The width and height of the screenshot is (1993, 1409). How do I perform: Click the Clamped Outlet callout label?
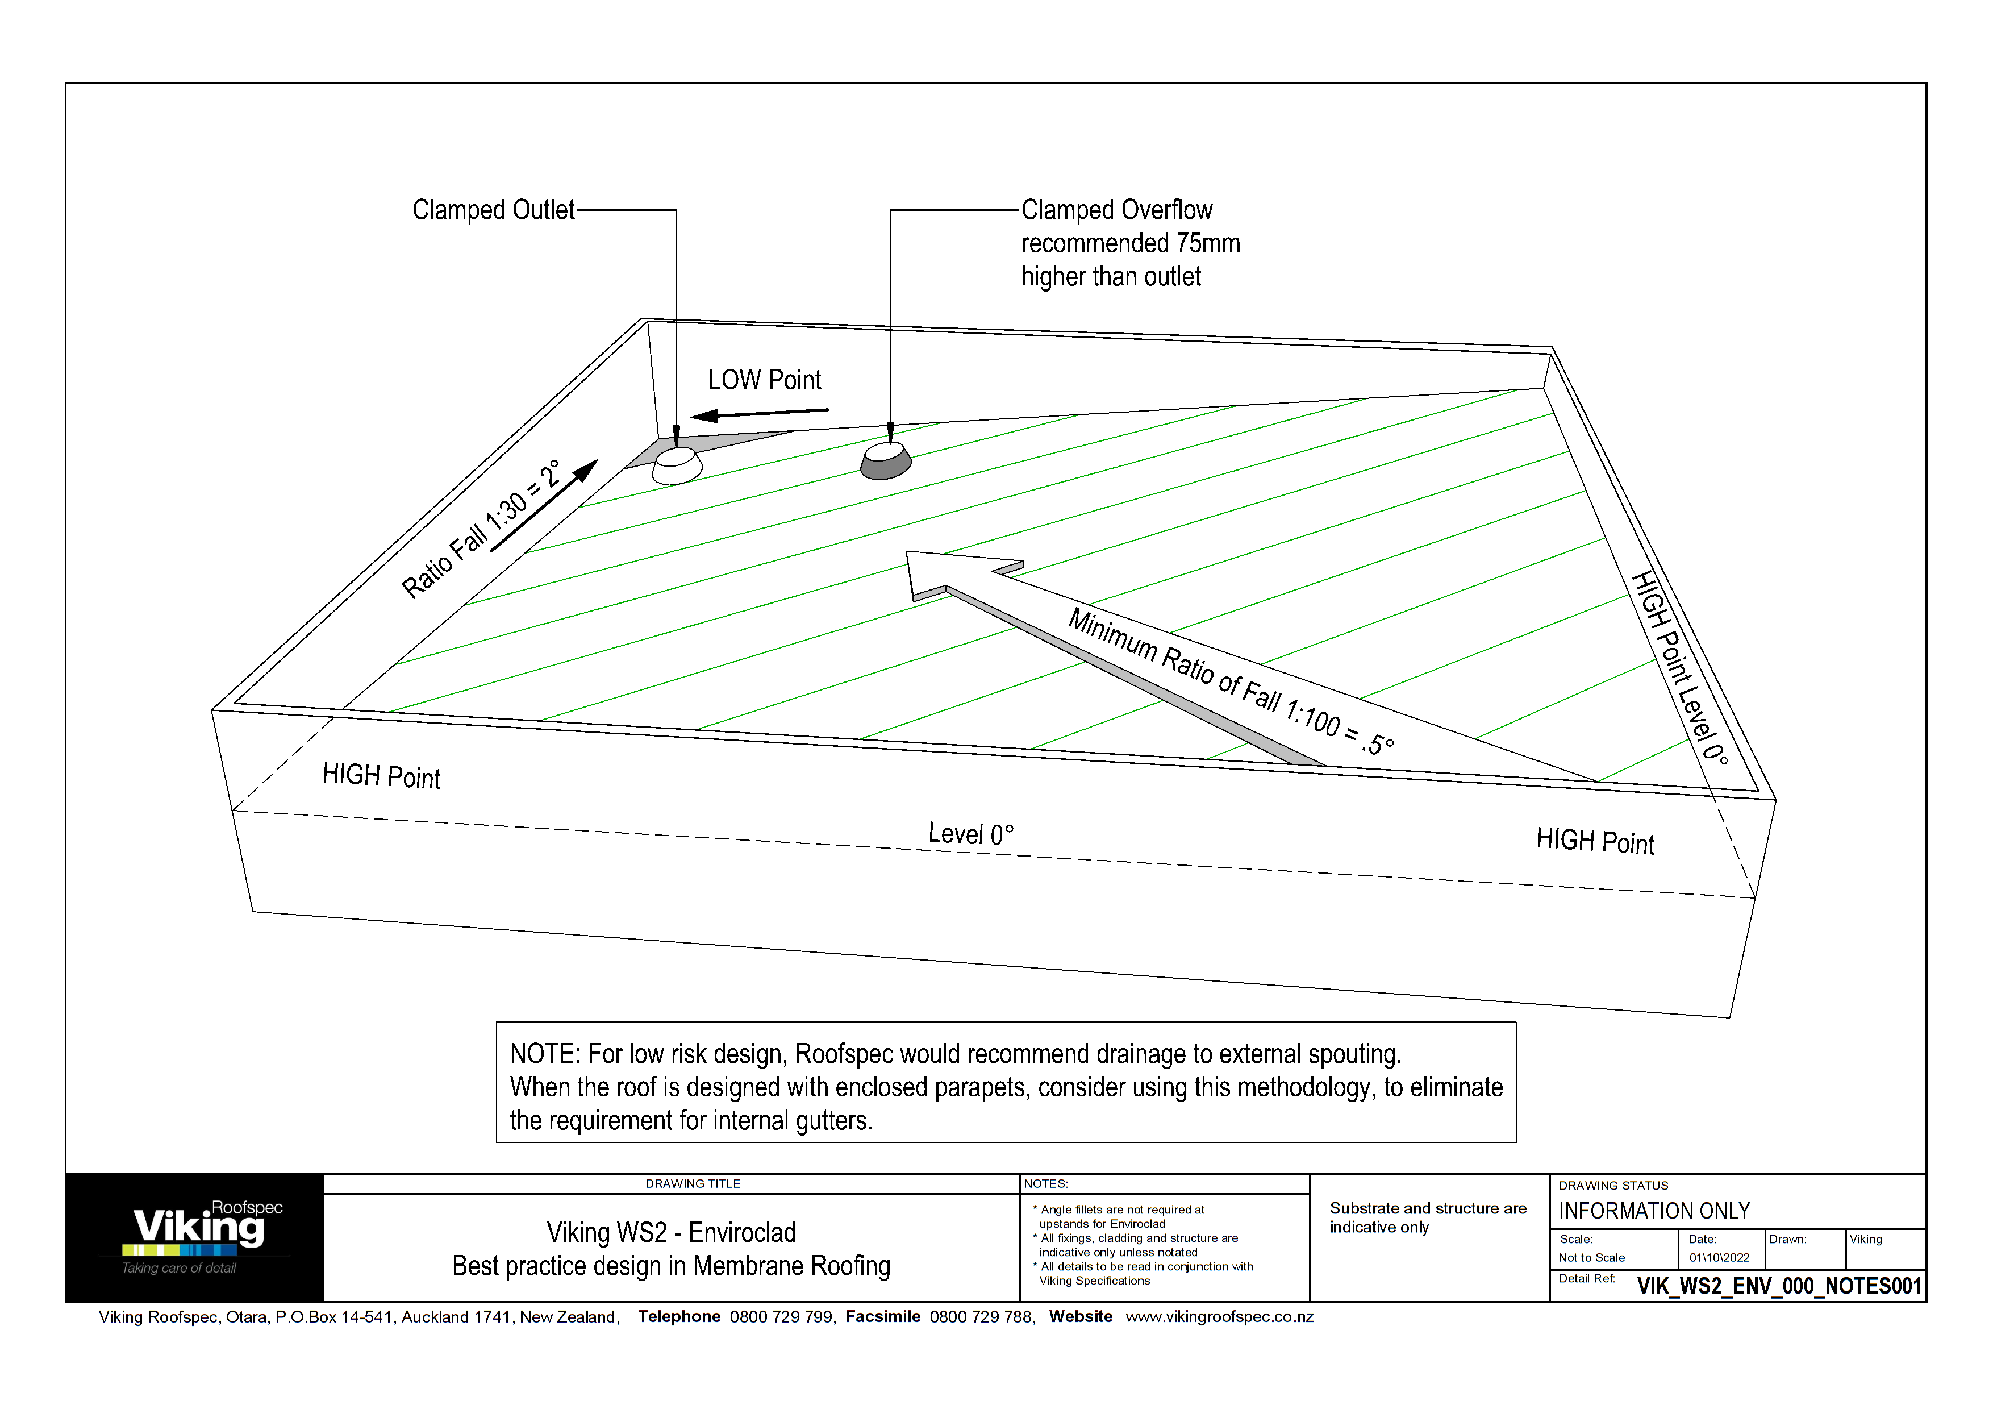point(493,210)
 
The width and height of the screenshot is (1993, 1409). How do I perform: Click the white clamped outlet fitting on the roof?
point(677,465)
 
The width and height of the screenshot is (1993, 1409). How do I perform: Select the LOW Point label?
point(764,380)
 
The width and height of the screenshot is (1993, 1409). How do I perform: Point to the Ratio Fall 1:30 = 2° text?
point(482,530)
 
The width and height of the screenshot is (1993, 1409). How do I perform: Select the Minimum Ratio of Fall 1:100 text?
point(1229,681)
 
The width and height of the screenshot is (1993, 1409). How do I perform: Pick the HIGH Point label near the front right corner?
point(1595,841)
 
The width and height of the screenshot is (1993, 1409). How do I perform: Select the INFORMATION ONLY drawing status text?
point(1654,1211)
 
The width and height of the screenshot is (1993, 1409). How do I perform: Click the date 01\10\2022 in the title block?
point(1719,1258)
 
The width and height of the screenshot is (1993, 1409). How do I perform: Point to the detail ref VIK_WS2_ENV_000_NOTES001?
point(1779,1286)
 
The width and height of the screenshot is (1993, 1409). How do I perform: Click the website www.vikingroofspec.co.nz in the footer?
point(1219,1317)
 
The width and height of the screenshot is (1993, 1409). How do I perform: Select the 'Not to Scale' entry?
point(1591,1258)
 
